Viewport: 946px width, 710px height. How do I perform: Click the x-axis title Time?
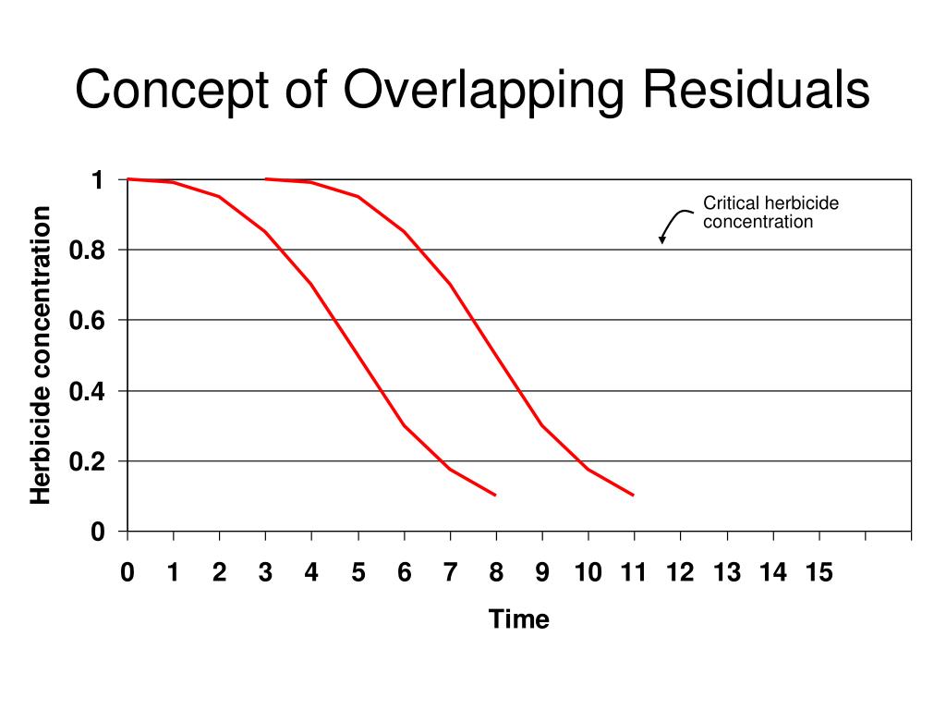(519, 619)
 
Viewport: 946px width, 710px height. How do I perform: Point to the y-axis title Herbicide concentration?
(41, 356)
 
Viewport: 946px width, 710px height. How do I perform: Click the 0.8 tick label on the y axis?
(87, 251)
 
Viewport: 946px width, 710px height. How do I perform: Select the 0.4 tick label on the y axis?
(87, 391)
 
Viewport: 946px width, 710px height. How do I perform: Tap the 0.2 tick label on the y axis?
(87, 461)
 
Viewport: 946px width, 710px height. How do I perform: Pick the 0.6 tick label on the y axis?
(87, 321)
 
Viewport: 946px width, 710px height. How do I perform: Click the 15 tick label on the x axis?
(819, 573)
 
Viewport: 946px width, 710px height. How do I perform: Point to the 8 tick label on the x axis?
(496, 573)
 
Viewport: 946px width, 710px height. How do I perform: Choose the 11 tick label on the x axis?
(633, 573)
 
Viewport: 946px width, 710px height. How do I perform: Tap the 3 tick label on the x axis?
(265, 573)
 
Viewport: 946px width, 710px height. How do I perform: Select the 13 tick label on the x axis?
(726, 573)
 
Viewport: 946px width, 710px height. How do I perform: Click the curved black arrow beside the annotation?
(674, 222)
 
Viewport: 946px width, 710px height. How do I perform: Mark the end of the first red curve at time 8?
(496, 496)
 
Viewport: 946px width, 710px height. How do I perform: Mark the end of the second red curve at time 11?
(634, 496)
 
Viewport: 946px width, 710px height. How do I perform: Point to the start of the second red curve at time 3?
(266, 179)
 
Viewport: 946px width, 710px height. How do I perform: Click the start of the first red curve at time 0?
(128, 179)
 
